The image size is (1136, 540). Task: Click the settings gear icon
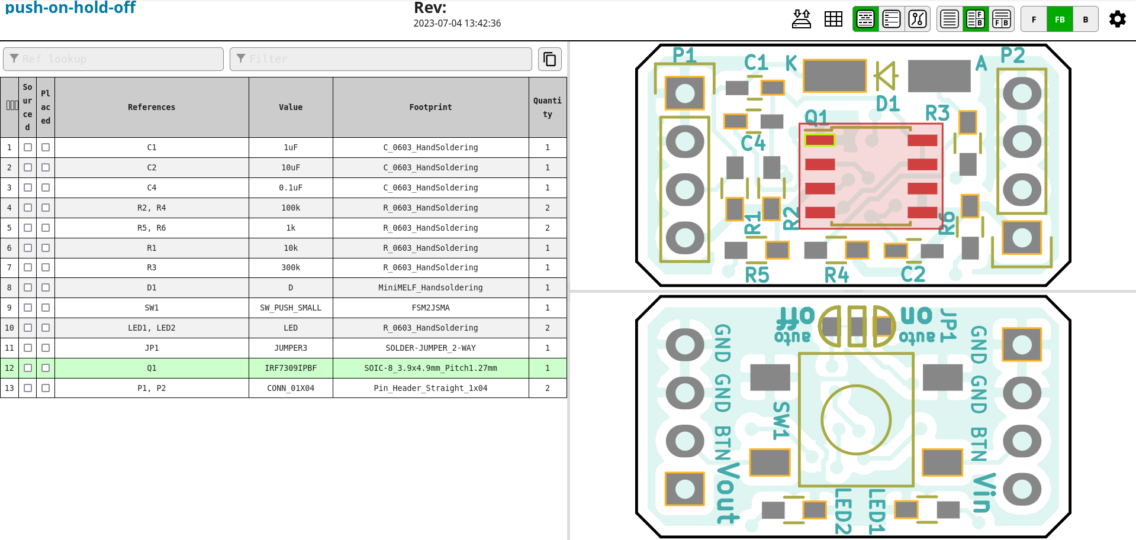[x=1117, y=19]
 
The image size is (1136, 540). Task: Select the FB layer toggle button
[x=1060, y=20]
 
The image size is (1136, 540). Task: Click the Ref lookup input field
[x=113, y=59]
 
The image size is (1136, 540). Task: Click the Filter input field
[x=381, y=59]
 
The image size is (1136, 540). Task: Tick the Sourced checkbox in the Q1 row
[x=28, y=368]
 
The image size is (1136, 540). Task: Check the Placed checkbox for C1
[x=46, y=147]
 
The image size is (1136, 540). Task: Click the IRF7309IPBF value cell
[x=291, y=368]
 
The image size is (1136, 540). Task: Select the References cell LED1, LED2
[x=152, y=328]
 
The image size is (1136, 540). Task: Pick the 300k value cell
[x=291, y=267]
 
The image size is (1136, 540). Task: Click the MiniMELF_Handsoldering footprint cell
[x=430, y=287]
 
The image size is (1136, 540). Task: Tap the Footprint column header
[x=430, y=107]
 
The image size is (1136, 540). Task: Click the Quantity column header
[x=547, y=107]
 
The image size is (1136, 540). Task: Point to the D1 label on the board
[x=887, y=104]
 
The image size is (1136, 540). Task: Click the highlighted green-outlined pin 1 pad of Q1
[x=820, y=140]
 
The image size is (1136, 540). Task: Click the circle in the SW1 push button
[x=856, y=420]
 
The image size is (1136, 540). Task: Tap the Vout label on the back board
[x=728, y=493]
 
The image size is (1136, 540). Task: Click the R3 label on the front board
[x=937, y=113]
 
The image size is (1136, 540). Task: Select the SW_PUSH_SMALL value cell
[x=291, y=308]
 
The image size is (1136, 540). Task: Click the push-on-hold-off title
[x=70, y=8]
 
